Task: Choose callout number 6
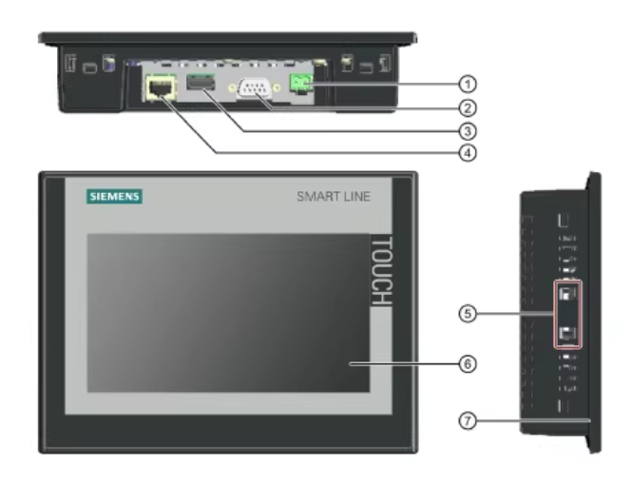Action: [466, 363]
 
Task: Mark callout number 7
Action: [466, 419]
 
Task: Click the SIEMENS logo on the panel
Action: [114, 197]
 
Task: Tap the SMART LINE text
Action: [333, 197]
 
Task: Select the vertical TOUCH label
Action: [378, 271]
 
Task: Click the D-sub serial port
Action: [253, 88]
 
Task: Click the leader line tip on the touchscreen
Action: [349, 363]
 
